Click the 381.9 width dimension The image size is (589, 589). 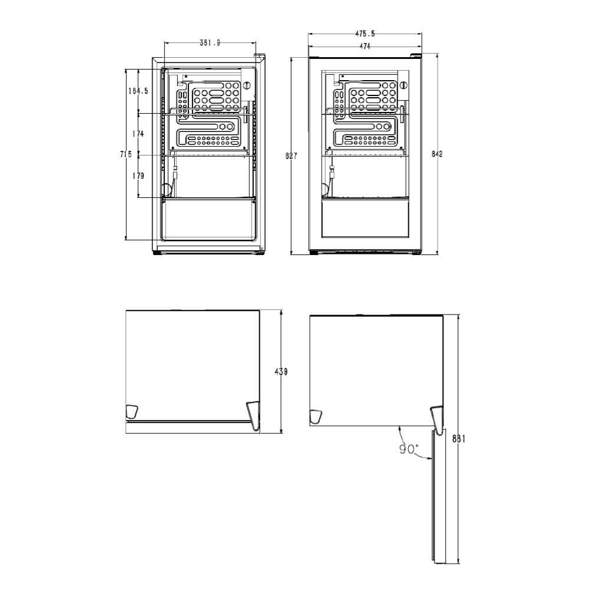pos(210,43)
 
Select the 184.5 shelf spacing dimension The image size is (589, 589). pos(138,91)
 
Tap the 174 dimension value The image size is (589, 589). pos(138,134)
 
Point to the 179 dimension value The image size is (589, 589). pos(138,176)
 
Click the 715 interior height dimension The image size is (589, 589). pos(126,154)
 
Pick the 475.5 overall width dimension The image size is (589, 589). pos(365,34)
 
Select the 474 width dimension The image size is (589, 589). pos(365,46)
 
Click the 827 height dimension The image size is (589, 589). pos(291,155)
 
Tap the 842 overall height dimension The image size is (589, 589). pos(437,154)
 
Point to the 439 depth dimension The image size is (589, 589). pos(282,372)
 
